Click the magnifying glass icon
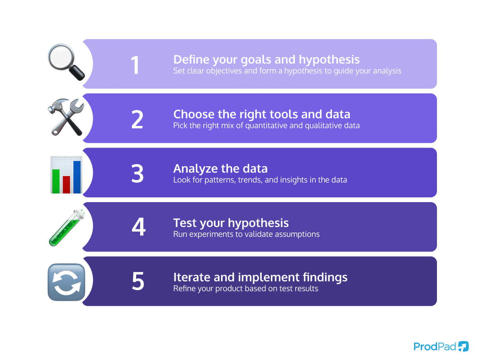pos(66,62)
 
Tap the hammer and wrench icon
pos(66,117)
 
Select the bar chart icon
pos(66,174)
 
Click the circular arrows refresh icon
pos(66,282)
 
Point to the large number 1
pos(135,66)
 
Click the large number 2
pos(137,120)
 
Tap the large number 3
pos(137,174)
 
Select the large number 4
pos(138,229)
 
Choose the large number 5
pos(138,281)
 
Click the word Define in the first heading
pos(191,60)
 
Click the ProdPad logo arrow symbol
pos(463,346)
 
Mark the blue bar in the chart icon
pos(77,177)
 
